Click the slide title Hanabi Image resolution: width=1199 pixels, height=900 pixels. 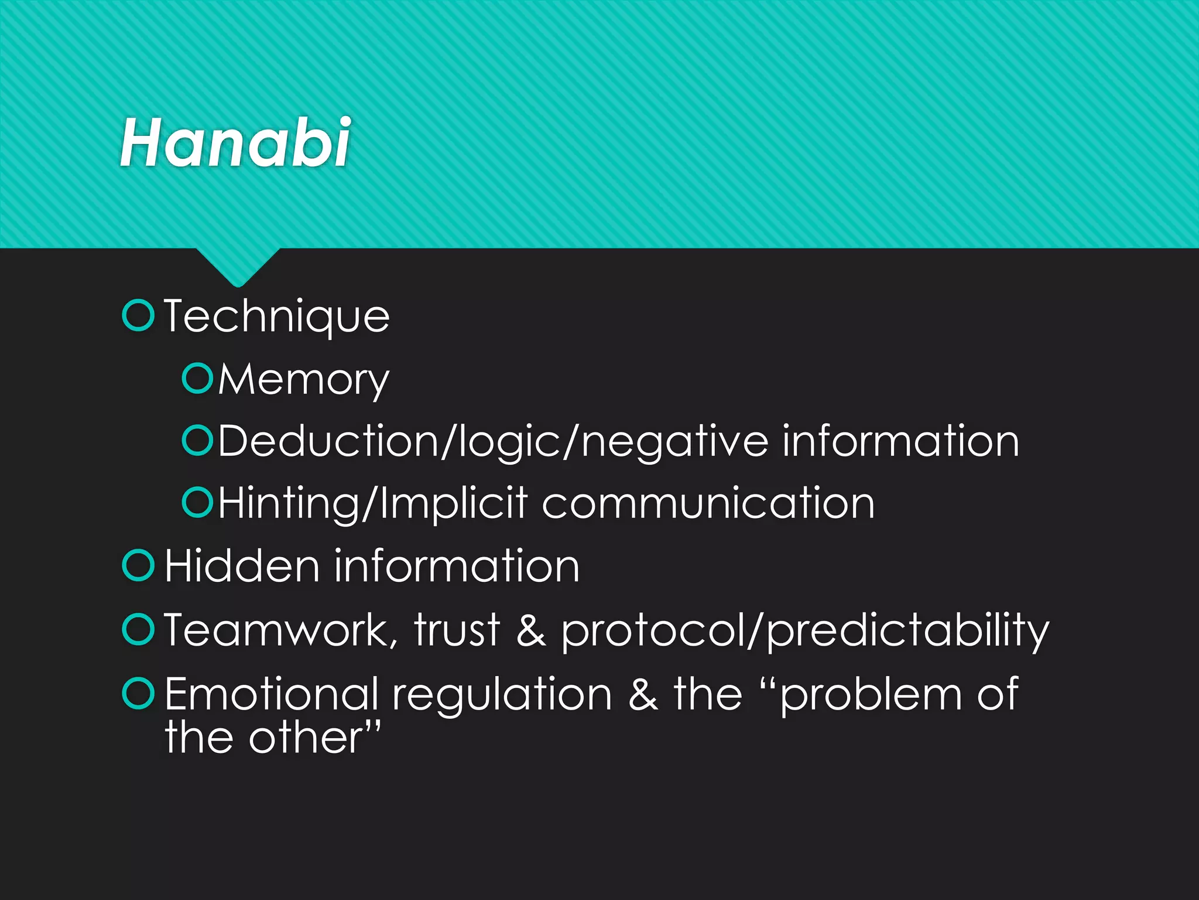[x=235, y=142]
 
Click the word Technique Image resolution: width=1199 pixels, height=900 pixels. [x=276, y=317]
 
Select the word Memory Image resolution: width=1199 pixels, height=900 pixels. [x=303, y=380]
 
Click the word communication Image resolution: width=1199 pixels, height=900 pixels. [x=708, y=504]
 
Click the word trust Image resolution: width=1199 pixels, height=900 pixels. [x=457, y=630]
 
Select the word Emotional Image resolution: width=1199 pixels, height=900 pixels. [x=271, y=694]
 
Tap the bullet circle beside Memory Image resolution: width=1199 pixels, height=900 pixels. [x=197, y=379]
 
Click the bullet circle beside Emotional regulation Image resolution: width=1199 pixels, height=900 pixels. [x=138, y=693]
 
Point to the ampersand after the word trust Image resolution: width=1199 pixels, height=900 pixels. [x=531, y=630]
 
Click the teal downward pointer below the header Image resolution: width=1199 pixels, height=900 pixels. [x=237, y=267]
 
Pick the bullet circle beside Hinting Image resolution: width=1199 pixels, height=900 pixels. [x=197, y=503]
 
